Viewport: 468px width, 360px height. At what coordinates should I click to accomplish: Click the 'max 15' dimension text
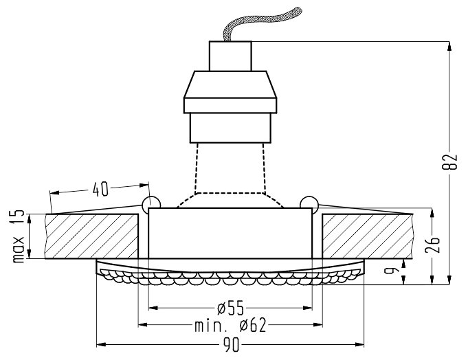19,237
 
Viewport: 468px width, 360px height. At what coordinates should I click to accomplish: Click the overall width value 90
230,344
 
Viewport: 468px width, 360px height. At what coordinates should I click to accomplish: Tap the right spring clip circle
309,203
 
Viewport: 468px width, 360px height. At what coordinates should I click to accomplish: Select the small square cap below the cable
230,56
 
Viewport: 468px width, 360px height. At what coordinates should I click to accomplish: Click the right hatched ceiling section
368,236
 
